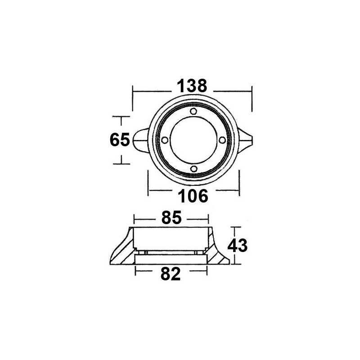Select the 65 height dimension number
[x=119, y=140]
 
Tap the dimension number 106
[x=194, y=196]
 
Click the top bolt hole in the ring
[x=193, y=111]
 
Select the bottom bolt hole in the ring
[x=193, y=169]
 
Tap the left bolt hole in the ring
[x=164, y=140]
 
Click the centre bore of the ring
[x=193, y=140]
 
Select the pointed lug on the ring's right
[x=247, y=139]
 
